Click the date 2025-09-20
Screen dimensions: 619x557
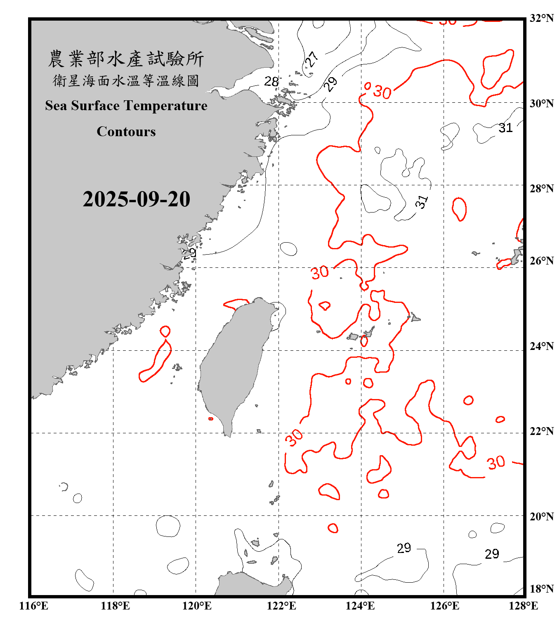(136, 199)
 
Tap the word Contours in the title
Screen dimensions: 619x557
(126, 132)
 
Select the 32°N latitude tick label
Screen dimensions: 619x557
(541, 18)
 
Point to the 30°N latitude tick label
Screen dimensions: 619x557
(541, 103)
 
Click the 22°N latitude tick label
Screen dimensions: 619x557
(541, 431)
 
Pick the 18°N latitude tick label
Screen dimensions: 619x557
(541, 589)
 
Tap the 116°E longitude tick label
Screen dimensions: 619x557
(34, 606)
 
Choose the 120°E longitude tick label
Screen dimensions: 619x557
(197, 606)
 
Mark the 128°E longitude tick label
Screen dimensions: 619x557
(523, 606)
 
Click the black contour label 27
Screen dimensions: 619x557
(312, 59)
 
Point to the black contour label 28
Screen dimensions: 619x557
(271, 81)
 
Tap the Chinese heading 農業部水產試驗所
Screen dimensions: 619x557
(126, 59)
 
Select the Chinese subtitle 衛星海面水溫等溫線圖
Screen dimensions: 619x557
(126, 80)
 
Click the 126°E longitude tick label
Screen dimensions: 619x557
(444, 606)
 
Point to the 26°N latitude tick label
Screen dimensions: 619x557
(541, 261)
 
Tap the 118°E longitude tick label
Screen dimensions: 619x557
(115, 606)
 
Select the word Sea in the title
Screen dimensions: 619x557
(56, 106)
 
